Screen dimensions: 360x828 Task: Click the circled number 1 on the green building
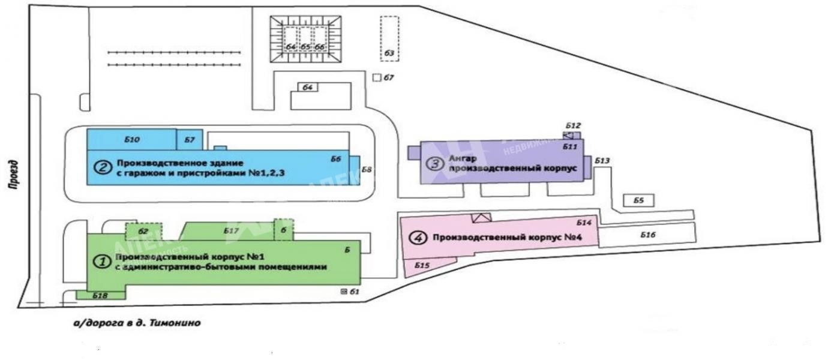(x=101, y=261)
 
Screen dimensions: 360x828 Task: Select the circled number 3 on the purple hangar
(x=433, y=163)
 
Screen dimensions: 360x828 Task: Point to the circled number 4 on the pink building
(x=418, y=238)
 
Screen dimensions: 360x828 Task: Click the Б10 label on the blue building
(x=132, y=139)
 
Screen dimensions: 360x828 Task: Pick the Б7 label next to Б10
(x=190, y=140)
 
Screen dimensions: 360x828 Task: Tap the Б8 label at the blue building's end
(x=367, y=169)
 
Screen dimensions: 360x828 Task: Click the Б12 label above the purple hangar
(x=573, y=125)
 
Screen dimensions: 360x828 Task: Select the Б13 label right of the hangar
(x=602, y=161)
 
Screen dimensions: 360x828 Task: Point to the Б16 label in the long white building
(x=647, y=235)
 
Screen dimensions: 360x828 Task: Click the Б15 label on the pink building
(x=422, y=265)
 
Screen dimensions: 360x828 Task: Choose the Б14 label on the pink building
(x=584, y=223)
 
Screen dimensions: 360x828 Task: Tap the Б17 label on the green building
(x=232, y=230)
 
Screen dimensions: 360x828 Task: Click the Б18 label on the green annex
(x=100, y=295)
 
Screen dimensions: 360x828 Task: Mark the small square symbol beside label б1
(x=344, y=292)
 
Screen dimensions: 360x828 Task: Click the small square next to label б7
(x=377, y=77)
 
